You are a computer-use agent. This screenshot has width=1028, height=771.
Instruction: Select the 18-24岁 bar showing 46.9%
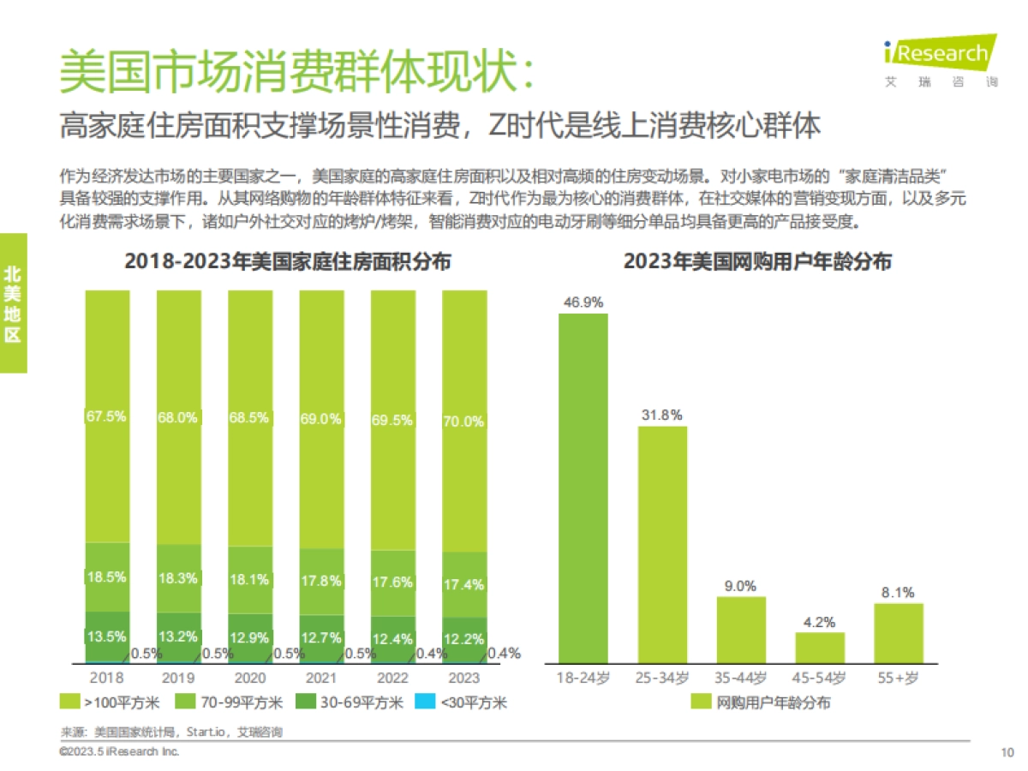[583, 488]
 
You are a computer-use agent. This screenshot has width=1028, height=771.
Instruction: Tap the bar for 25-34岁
[662, 544]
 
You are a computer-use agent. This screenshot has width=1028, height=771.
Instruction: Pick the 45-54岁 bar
[820, 648]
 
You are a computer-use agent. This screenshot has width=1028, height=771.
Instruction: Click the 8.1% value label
[899, 592]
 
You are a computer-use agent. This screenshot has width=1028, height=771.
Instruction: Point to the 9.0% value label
[741, 586]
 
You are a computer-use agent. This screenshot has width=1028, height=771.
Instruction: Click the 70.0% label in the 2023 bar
[463, 421]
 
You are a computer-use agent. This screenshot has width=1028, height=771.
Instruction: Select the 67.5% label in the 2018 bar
[107, 416]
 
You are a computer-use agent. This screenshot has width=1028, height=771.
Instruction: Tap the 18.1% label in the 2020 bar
[249, 579]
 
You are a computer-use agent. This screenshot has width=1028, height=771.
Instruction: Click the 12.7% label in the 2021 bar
[321, 637]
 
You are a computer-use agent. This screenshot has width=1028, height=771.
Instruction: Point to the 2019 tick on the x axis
[178, 678]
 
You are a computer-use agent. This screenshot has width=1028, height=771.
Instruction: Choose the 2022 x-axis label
[392, 678]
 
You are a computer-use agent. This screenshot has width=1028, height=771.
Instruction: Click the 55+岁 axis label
[899, 678]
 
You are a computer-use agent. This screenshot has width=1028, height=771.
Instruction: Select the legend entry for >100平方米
[111, 703]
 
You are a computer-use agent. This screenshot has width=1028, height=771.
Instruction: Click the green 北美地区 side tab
[13, 303]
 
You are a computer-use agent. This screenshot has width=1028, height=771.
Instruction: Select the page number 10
[1007, 753]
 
